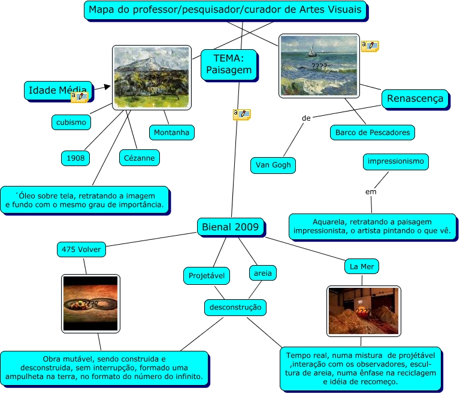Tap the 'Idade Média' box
(x=59, y=90)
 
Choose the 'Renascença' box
(x=415, y=99)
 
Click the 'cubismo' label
(x=71, y=122)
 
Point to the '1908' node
(x=75, y=158)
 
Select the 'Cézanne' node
(x=139, y=158)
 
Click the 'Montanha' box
(x=171, y=132)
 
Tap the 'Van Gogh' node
(x=273, y=165)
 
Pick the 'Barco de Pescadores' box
(x=372, y=133)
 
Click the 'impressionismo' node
(x=396, y=161)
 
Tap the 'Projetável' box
(x=206, y=275)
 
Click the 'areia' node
(x=262, y=273)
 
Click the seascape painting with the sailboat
(x=319, y=65)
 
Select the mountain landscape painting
(x=152, y=77)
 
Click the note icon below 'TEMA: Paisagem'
(x=241, y=114)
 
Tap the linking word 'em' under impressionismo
(x=371, y=192)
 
